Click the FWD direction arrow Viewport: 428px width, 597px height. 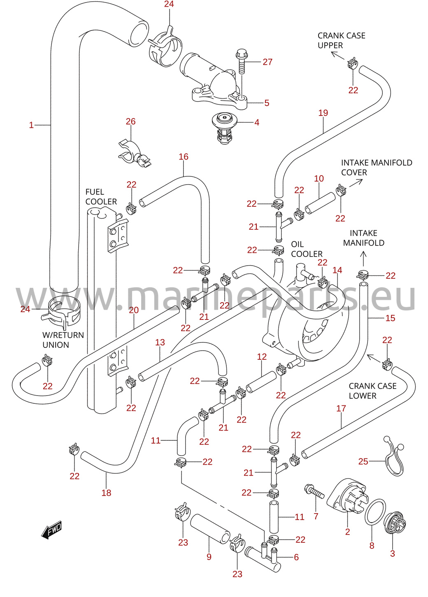51,529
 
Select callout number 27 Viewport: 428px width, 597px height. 267,62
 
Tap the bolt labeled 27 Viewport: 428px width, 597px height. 242,61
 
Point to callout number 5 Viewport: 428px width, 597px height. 267,103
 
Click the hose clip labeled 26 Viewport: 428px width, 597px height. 134,154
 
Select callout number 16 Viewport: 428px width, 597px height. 184,157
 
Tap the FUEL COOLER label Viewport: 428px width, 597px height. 101,197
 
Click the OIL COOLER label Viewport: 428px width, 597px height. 307,249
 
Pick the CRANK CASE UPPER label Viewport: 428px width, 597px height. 341,40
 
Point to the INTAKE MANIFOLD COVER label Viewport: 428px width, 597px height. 377,167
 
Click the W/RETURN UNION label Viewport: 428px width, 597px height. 63,340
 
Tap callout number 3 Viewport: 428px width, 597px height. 393,553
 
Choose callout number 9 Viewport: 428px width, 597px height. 209,556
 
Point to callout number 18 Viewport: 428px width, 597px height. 106,493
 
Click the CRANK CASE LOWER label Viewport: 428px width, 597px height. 372,391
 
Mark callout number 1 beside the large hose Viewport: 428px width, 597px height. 31,125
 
